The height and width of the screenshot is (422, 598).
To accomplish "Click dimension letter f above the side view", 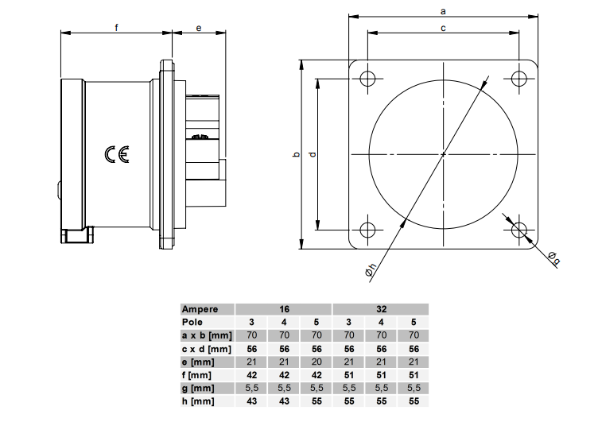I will (x=117, y=27).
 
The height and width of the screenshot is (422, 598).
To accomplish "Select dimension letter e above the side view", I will (x=199, y=27).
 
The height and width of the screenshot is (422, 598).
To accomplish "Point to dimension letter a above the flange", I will (x=443, y=10).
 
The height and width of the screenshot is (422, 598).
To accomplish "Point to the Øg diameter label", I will (x=553, y=257).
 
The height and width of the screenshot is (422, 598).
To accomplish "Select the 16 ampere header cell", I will (x=284, y=308).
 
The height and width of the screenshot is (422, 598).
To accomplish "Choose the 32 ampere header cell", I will (x=381, y=308).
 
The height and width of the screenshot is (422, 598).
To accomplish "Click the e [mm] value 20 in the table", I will (x=316, y=362).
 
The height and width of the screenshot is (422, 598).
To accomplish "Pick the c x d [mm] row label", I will (x=206, y=349).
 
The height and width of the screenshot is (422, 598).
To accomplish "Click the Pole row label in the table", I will (x=192, y=322).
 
